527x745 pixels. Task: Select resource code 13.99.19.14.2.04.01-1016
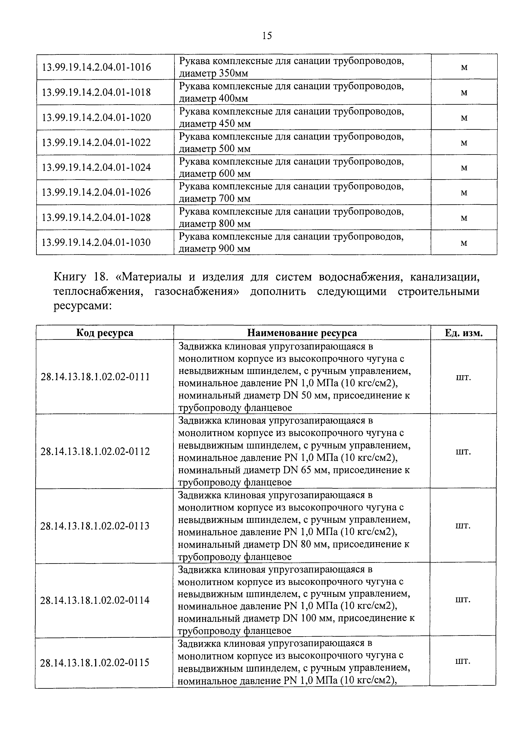(97, 67)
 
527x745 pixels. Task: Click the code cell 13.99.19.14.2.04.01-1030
(96, 242)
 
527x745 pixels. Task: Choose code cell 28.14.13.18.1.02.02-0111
(95, 377)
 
